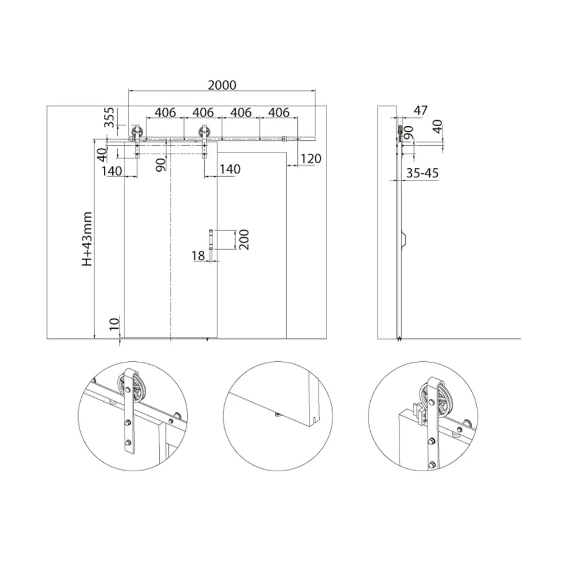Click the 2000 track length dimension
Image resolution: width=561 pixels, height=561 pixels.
pyautogui.click(x=222, y=85)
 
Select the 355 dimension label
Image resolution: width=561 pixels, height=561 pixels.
pyautogui.click(x=109, y=117)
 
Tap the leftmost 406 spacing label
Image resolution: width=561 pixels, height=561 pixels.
pyautogui.click(x=165, y=112)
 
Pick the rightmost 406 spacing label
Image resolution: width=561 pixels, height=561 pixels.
pyautogui.click(x=279, y=112)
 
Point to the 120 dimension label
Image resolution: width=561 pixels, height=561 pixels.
pyautogui.click(x=311, y=159)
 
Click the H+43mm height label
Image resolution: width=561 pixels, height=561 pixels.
pyautogui.click(x=88, y=239)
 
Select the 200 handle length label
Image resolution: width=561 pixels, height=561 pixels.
pyautogui.click(x=243, y=240)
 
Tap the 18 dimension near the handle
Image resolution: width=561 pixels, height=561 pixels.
pyautogui.click(x=198, y=255)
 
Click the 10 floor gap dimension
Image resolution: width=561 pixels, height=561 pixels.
pyautogui.click(x=114, y=324)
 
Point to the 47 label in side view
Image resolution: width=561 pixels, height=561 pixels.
pyautogui.click(x=420, y=110)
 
